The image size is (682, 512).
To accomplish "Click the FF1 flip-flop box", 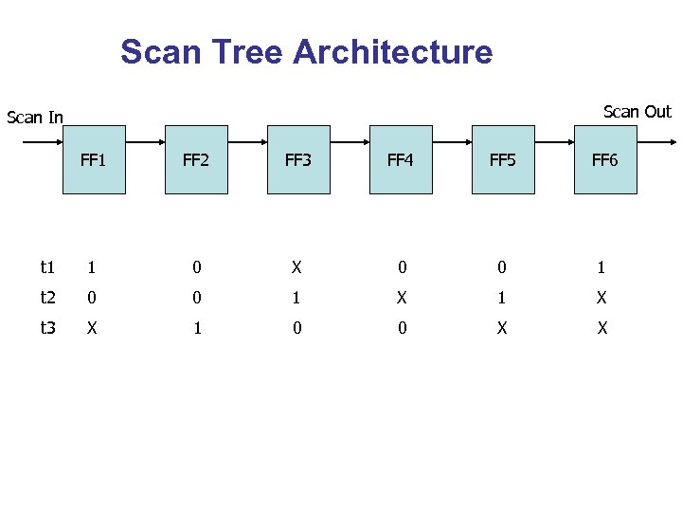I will [x=94, y=159].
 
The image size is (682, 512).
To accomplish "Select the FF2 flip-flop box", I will [x=196, y=159].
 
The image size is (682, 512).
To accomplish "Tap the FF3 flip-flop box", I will [x=298, y=159].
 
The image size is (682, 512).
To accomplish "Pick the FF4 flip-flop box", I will [x=401, y=159].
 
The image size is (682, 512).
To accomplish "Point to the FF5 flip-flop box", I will [x=503, y=159].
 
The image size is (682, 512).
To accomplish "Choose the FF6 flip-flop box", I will [x=605, y=159].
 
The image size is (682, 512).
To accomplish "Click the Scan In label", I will [x=35, y=118].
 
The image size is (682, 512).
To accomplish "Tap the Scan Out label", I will [x=637, y=112].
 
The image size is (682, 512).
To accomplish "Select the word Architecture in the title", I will [x=393, y=51].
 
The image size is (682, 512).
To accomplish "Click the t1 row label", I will [x=47, y=267].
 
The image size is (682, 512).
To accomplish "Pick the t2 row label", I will [x=47, y=298].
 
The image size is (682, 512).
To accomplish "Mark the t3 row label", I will [x=47, y=328].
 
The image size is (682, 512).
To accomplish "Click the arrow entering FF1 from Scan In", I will [x=42, y=143].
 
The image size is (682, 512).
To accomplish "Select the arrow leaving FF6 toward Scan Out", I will [x=655, y=143].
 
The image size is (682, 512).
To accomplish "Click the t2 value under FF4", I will [x=401, y=298].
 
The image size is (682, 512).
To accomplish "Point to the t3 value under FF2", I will [x=196, y=328].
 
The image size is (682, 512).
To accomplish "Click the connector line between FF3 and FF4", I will [x=350, y=143].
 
